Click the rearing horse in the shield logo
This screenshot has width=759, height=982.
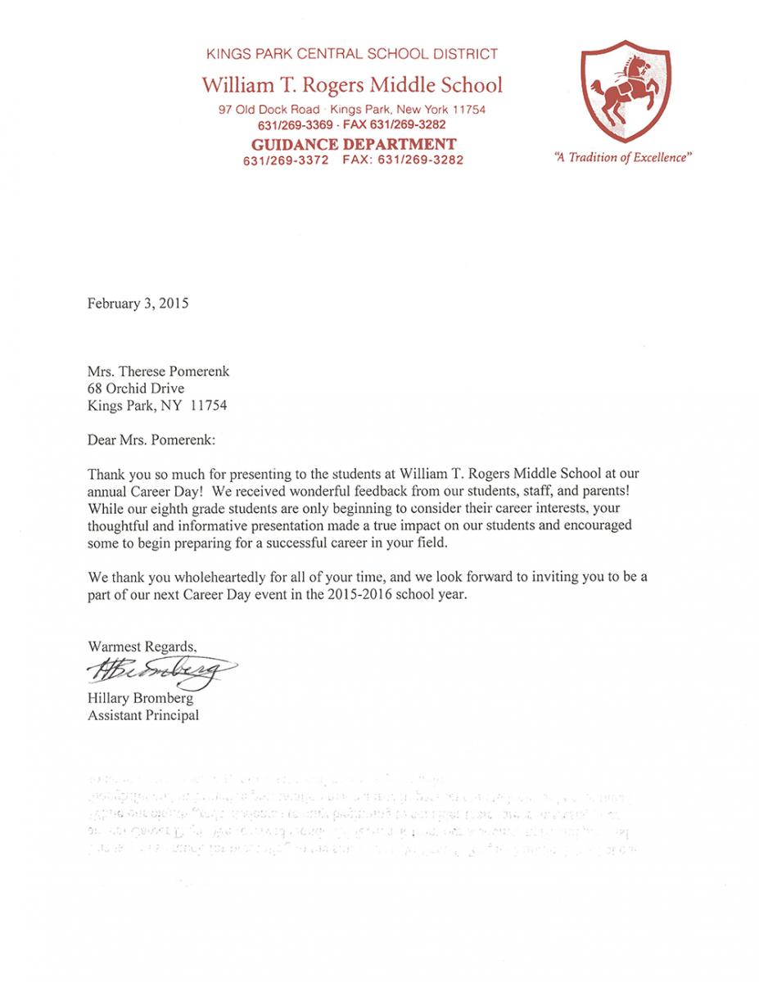coord(628,97)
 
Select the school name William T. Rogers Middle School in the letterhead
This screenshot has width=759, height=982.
coord(353,84)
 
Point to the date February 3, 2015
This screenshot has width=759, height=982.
coord(138,304)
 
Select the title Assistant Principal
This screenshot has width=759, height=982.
coord(143,715)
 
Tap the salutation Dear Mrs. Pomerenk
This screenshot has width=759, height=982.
coord(151,439)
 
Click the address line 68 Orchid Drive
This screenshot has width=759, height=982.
coord(137,387)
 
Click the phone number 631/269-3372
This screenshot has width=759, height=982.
coord(286,160)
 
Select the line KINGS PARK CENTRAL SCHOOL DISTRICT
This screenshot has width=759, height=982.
coord(352,55)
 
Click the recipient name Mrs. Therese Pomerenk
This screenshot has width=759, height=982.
coord(158,371)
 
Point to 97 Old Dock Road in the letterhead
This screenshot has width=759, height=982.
coord(269,110)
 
